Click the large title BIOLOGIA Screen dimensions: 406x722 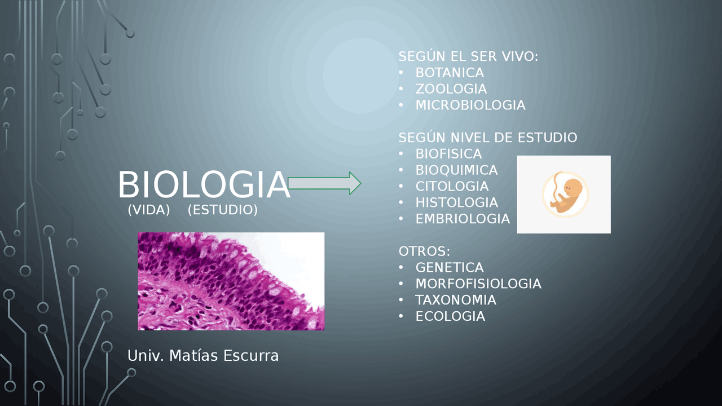pyautogui.click(x=203, y=185)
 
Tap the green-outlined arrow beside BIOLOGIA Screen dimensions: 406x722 pyautogui.click(x=324, y=183)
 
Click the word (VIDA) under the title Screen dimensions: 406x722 pyautogui.click(x=149, y=210)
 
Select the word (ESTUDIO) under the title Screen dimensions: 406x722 pyautogui.click(x=222, y=210)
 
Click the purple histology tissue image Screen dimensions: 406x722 pyautogui.click(x=231, y=281)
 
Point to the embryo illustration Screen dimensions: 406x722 pyautogui.click(x=564, y=195)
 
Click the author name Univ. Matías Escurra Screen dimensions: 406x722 pyautogui.click(x=203, y=356)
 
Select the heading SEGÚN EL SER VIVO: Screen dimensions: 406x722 pyautogui.click(x=468, y=56)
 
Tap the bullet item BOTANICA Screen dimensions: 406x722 pyautogui.click(x=450, y=73)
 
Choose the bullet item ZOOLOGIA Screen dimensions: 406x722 pyautogui.click(x=451, y=89)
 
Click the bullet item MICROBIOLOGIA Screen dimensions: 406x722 pyautogui.click(x=470, y=105)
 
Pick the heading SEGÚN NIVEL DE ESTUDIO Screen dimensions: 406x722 pyautogui.click(x=487, y=138)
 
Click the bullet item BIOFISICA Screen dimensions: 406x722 pyautogui.click(x=448, y=154)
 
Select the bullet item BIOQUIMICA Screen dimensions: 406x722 pyautogui.click(x=456, y=170)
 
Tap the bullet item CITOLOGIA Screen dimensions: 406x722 pyautogui.click(x=452, y=186)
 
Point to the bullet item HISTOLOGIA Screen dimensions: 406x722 pyautogui.click(x=457, y=202)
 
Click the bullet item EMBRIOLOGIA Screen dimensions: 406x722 pyautogui.click(x=463, y=219)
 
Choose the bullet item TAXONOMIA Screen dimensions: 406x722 pyautogui.click(x=456, y=300)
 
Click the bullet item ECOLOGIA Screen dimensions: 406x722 pyautogui.click(x=450, y=316)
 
